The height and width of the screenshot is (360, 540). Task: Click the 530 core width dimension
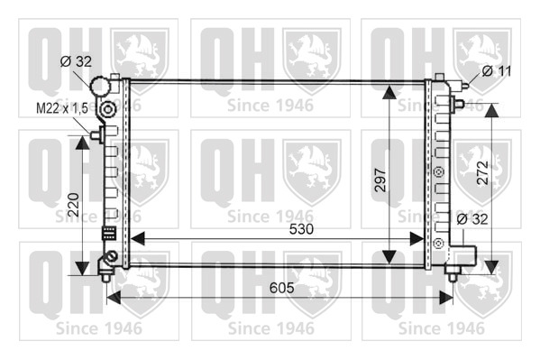click(301, 229)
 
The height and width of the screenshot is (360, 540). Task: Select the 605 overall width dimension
click(281, 288)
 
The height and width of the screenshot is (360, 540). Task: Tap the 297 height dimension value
click(380, 180)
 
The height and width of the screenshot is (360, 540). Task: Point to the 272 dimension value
click(483, 172)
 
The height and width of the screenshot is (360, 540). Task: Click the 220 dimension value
click(73, 205)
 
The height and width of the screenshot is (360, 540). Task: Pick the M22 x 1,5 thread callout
click(62, 108)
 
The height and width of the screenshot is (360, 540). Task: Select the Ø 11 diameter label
click(497, 71)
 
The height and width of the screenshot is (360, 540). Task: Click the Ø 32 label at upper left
click(76, 61)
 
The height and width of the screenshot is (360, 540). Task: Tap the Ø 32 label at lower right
click(472, 219)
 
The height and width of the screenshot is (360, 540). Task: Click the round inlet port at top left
click(99, 85)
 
